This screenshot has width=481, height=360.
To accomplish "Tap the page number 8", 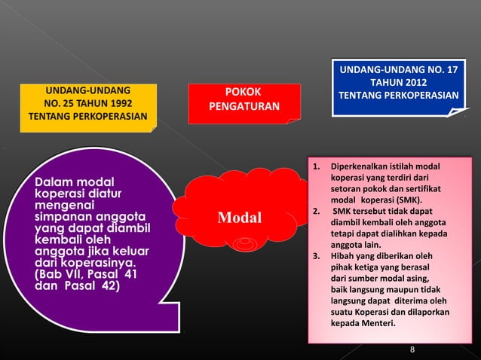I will point(412,349).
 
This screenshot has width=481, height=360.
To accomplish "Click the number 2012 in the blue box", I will point(412,82).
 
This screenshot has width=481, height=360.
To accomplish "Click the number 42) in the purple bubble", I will point(105,285).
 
